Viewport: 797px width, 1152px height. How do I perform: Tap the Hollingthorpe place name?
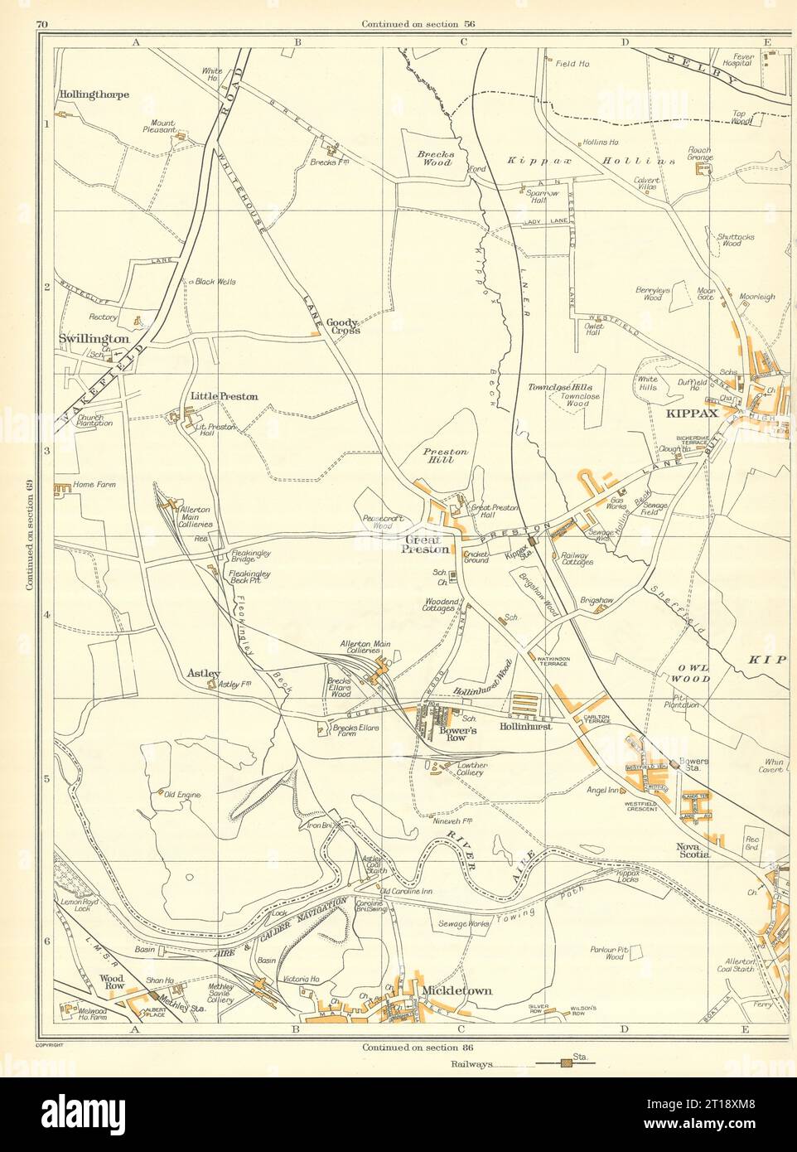coord(94,95)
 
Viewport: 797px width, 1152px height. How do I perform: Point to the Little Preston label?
coord(224,396)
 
